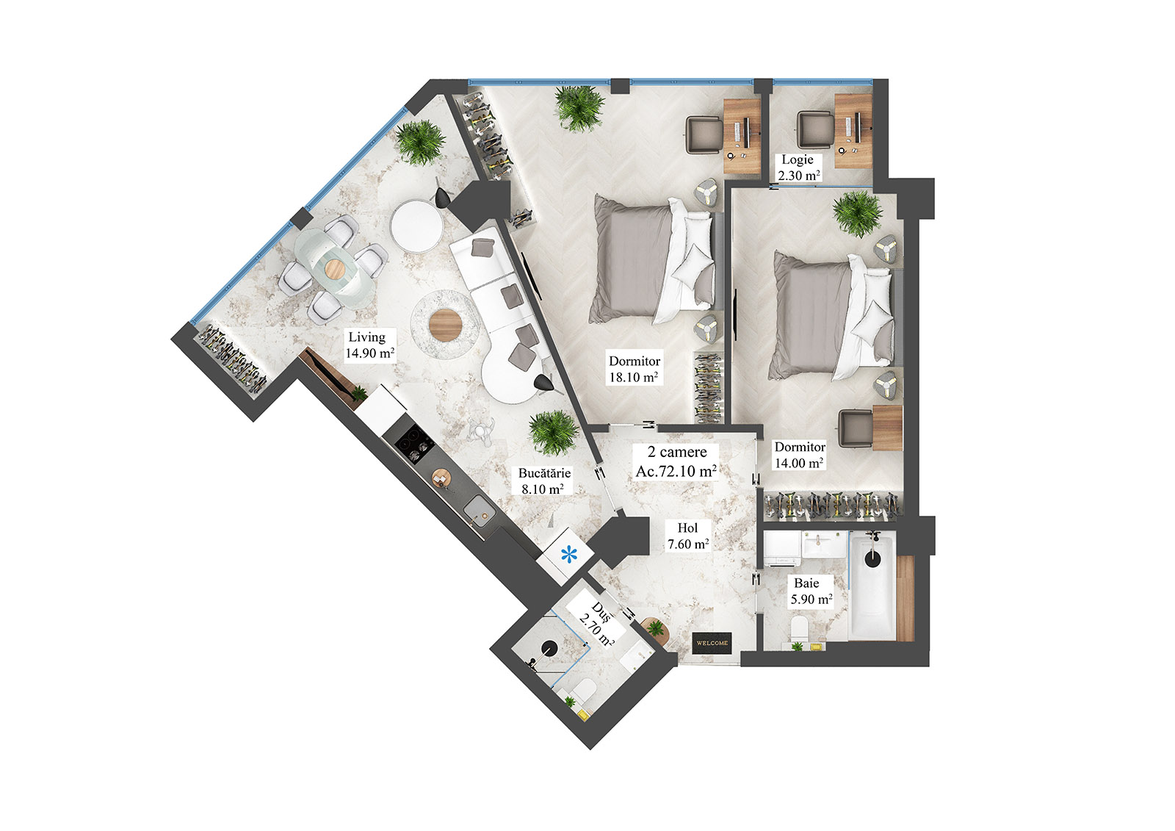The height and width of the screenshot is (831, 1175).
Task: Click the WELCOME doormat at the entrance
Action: pyautogui.click(x=712, y=643)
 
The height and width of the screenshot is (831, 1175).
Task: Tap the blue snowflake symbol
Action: pyautogui.click(x=570, y=555)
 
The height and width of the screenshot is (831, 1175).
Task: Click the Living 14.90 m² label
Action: pyautogui.click(x=370, y=345)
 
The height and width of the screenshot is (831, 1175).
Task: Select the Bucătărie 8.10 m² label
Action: pyautogui.click(x=543, y=481)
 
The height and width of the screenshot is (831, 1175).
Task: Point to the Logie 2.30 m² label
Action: pyautogui.click(x=798, y=168)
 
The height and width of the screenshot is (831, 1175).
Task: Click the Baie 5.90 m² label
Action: pyautogui.click(x=811, y=591)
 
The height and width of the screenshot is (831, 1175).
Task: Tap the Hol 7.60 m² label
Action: pyautogui.click(x=687, y=536)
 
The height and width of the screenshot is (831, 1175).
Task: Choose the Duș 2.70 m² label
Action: pyautogui.click(x=596, y=625)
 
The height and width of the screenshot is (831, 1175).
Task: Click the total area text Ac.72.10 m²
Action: pyautogui.click(x=676, y=471)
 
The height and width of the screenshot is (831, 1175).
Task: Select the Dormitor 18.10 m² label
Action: pyautogui.click(x=634, y=370)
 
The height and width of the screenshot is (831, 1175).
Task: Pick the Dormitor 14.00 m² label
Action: pyautogui.click(x=800, y=455)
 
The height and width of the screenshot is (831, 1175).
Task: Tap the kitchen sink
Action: pyautogui.click(x=478, y=508)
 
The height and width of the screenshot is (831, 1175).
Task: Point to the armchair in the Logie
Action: pyautogui.click(x=814, y=130)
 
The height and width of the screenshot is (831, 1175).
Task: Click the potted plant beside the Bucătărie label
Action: pyautogui.click(x=553, y=432)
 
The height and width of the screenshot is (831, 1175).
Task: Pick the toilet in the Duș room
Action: pyautogui.click(x=585, y=691)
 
